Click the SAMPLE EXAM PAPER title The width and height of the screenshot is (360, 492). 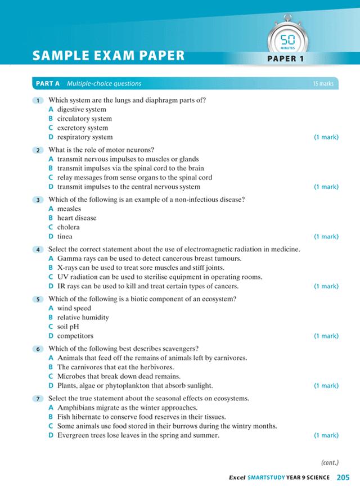109,56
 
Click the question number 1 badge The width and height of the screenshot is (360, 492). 38,101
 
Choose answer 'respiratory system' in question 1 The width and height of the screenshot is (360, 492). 84,137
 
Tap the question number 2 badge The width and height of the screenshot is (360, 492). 38,150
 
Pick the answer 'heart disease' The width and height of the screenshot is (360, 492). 76,218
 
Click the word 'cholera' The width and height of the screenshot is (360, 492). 68,227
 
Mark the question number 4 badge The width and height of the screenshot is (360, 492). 38,250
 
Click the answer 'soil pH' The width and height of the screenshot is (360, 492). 70,327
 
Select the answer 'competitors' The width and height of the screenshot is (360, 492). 75,336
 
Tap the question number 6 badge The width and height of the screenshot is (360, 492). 38,349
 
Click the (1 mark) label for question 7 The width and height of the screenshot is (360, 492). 326,435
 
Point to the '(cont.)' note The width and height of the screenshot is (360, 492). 330,463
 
